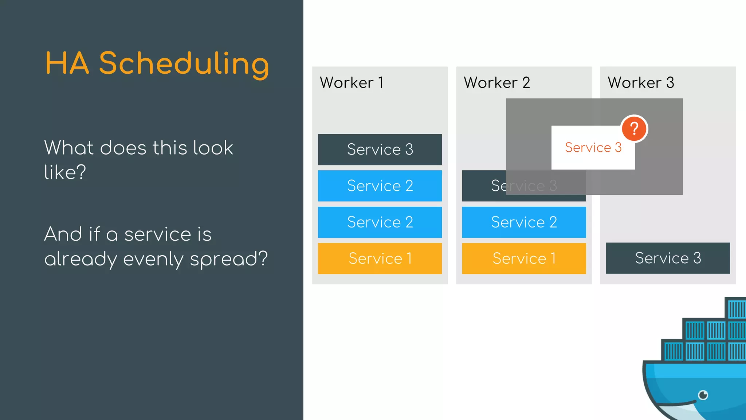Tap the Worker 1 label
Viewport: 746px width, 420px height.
352,83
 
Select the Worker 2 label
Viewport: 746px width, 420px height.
496,83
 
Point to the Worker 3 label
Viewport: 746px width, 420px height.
641,83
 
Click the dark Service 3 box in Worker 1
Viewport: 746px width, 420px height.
380,149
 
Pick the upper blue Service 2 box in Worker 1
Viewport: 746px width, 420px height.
380,186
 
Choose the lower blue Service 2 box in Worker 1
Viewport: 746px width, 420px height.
380,222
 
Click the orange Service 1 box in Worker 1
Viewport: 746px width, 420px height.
380,258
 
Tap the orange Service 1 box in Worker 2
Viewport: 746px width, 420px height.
524,258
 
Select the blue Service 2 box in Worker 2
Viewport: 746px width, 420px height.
524,222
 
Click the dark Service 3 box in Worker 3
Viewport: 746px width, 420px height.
668,258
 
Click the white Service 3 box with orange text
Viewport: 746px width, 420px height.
593,148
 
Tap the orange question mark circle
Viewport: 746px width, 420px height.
634,128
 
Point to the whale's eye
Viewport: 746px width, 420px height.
703,395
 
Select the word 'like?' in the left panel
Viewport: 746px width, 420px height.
65,172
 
